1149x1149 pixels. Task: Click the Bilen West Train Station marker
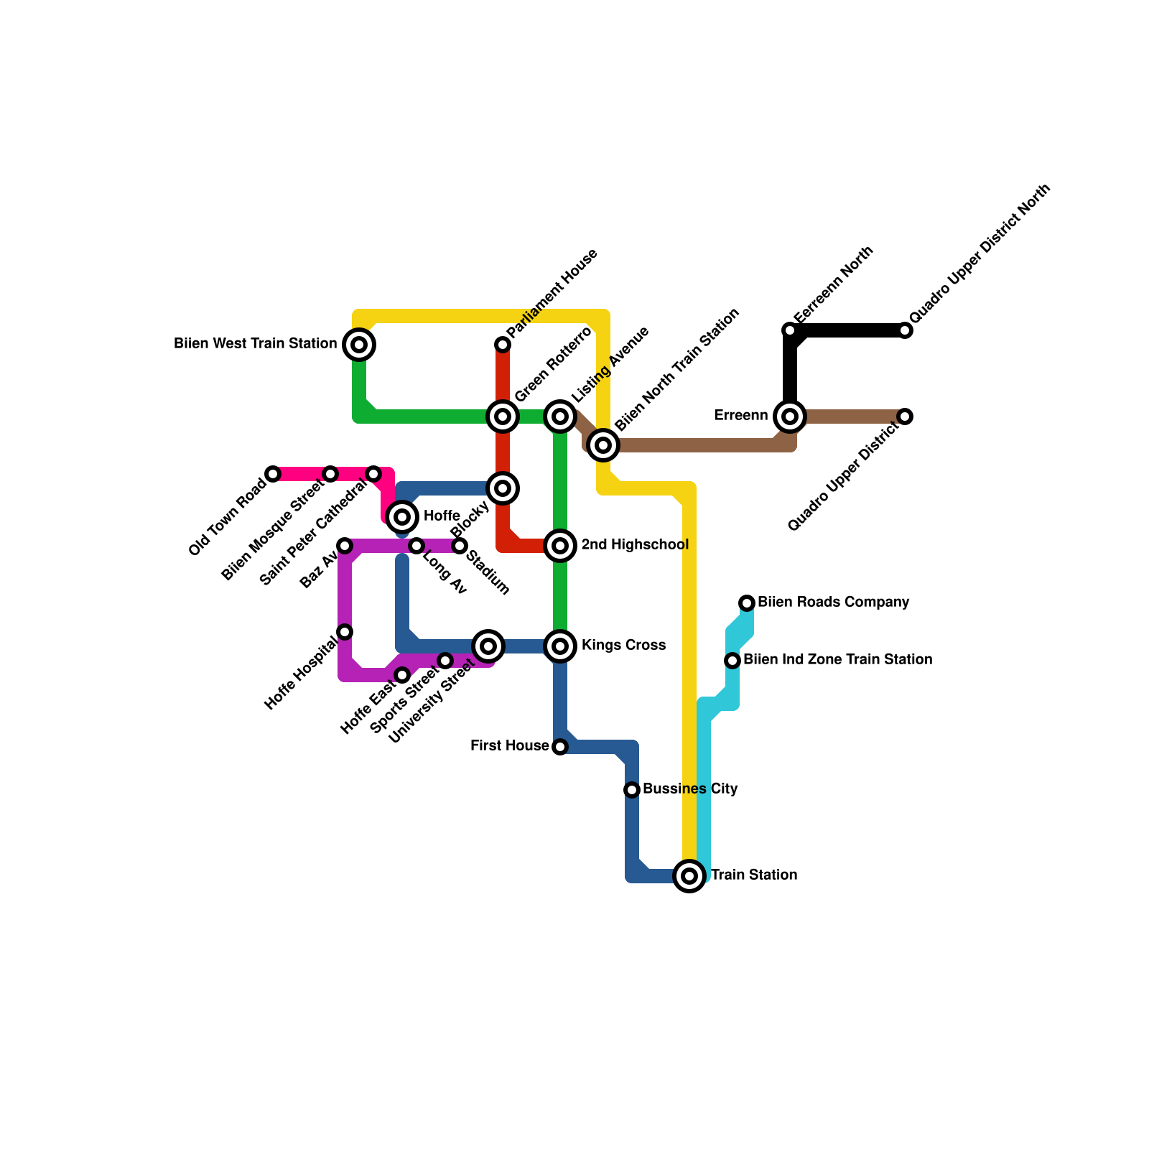point(359,345)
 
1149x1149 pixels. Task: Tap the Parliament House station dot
point(503,345)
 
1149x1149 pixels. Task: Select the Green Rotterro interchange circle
point(503,417)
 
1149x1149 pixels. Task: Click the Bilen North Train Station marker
point(603,445)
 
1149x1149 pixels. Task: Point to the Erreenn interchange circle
point(790,417)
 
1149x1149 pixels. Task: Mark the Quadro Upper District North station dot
point(906,330)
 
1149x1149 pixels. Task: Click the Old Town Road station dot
point(273,474)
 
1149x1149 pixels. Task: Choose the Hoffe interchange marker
point(402,517)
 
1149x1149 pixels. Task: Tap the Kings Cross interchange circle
point(560,646)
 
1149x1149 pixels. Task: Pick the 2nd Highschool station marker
point(560,546)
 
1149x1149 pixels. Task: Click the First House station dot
point(560,747)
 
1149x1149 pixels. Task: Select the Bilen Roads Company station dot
point(747,603)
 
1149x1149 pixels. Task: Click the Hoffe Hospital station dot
point(345,632)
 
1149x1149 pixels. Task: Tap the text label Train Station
point(754,875)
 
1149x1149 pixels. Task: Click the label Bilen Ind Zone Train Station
point(837,659)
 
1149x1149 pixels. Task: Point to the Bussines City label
point(690,789)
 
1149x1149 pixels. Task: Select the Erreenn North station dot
point(790,330)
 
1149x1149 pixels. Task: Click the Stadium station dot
point(460,546)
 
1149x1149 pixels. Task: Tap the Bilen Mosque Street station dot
point(330,474)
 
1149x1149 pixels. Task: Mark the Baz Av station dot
point(345,546)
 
